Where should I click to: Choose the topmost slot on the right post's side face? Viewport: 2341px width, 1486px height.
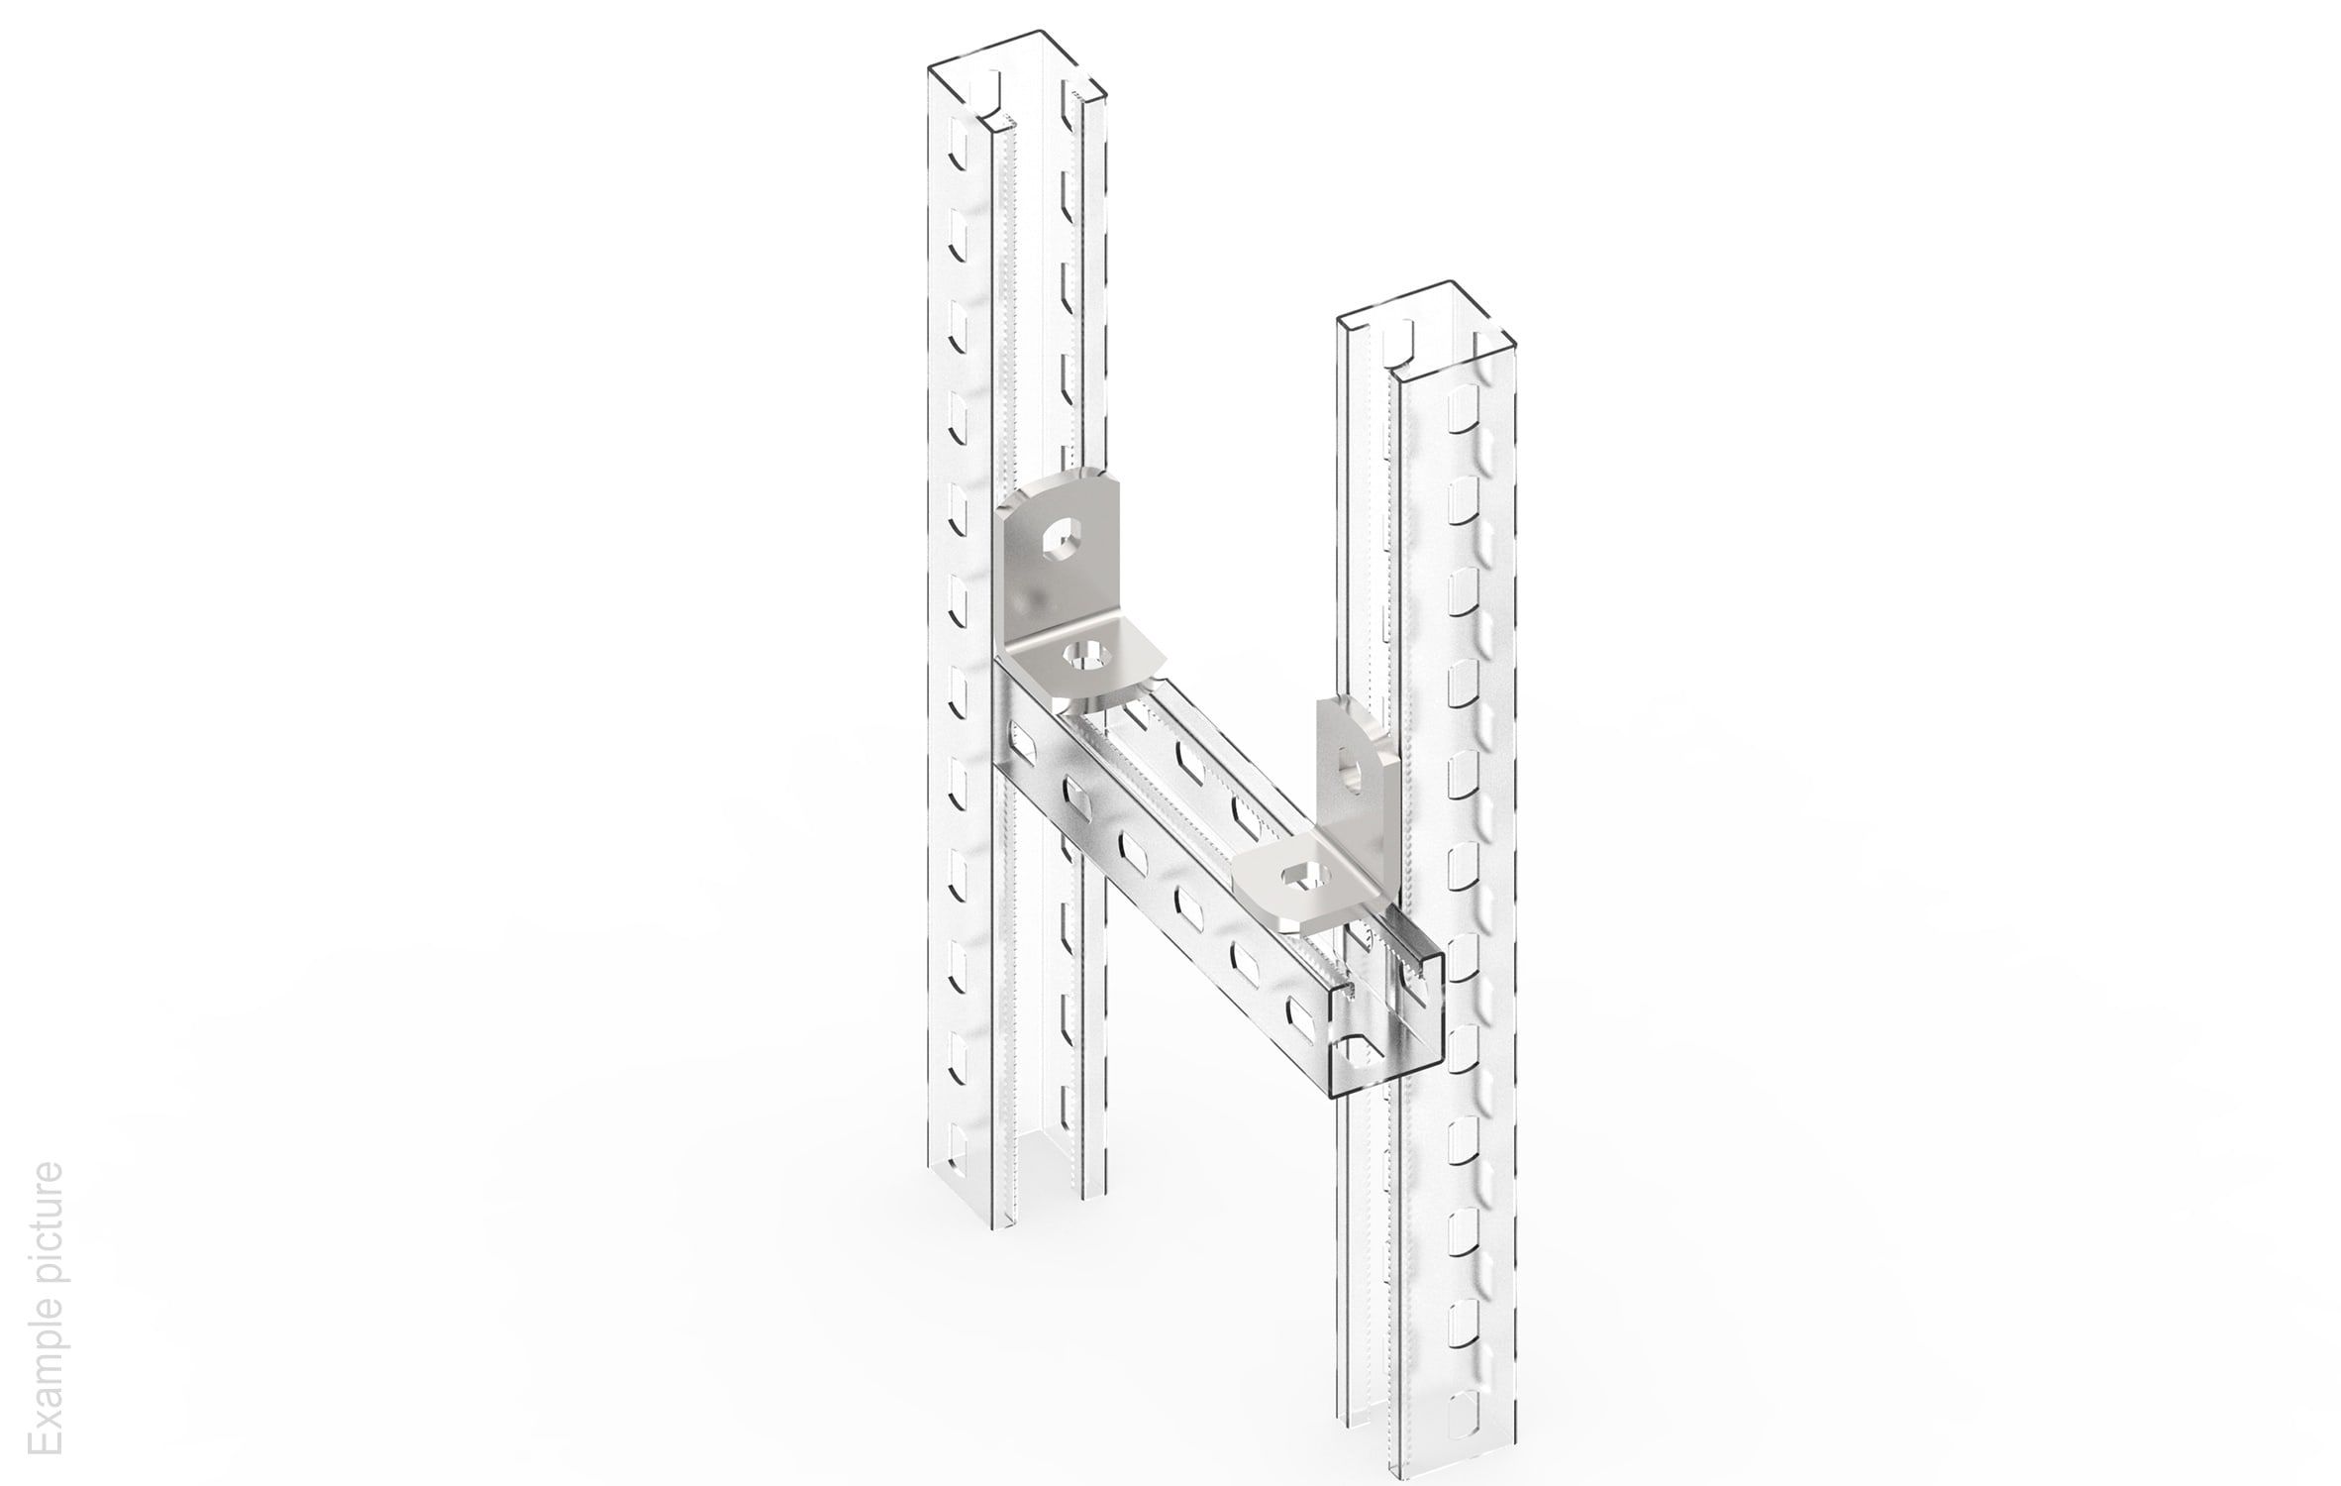[x=1462, y=410]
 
